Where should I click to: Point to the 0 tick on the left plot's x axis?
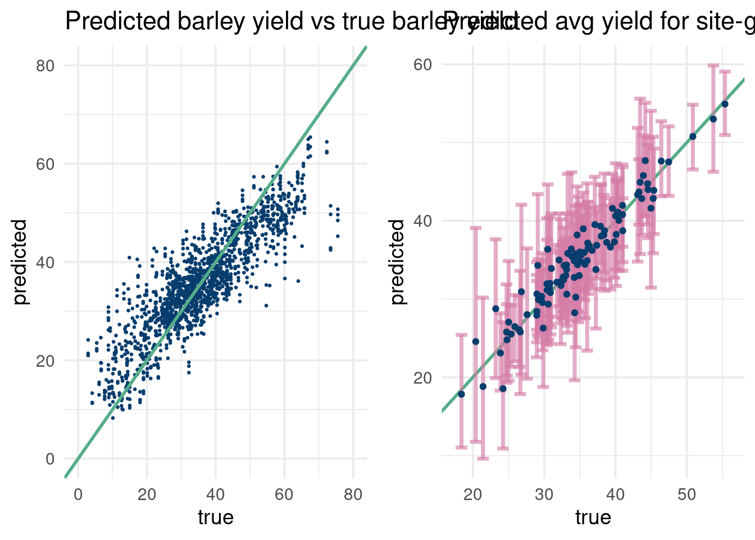(x=78, y=494)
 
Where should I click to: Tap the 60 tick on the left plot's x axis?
(x=284, y=494)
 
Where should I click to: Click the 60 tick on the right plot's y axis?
(x=423, y=65)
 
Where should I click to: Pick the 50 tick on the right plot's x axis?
(x=686, y=494)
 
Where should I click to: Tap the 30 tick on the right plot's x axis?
(x=544, y=494)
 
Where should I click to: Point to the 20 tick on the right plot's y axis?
(x=423, y=377)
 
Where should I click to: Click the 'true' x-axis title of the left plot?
(x=215, y=517)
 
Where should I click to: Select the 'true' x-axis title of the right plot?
(x=593, y=517)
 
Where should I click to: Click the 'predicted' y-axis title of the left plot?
(x=20, y=262)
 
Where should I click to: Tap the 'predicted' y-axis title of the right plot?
(x=397, y=262)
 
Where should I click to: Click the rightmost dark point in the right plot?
(x=725, y=104)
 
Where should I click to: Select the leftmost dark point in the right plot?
(x=461, y=394)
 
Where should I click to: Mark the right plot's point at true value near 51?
(x=693, y=137)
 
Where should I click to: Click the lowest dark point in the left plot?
(x=112, y=418)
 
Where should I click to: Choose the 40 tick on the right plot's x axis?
(x=615, y=494)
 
